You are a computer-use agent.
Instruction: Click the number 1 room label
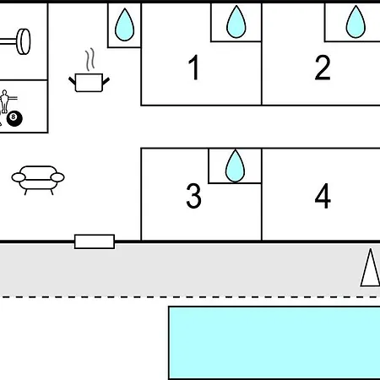tap(194, 68)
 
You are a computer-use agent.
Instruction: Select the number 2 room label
tap(323, 68)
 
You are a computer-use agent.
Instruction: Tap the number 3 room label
tap(194, 196)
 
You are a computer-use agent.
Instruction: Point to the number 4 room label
tap(323, 196)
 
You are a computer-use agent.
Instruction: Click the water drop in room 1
tap(236, 22)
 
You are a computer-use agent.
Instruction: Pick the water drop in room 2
tap(356, 22)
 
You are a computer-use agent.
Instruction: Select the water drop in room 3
tap(235, 166)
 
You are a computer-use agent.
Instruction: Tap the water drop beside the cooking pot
tap(124, 24)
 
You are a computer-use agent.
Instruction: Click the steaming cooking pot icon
tap(89, 70)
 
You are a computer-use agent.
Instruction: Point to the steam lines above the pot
tap(90, 60)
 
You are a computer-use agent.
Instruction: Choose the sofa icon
tap(38, 181)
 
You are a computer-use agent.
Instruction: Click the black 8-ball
tap(14, 119)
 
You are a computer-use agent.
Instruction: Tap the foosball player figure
tap(5, 101)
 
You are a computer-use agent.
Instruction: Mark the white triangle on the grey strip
tap(371, 268)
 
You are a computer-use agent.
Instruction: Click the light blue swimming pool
tap(274, 343)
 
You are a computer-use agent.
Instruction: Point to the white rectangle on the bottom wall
tap(95, 242)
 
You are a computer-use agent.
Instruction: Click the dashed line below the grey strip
tap(190, 296)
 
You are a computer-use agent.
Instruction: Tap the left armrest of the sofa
tap(19, 177)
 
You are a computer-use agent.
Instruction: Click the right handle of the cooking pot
tap(106, 81)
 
